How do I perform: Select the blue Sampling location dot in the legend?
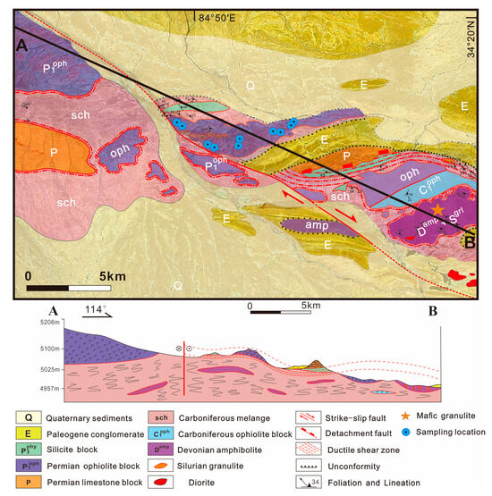pyautogui.click(x=434, y=432)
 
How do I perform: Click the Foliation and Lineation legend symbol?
pyautogui.click(x=316, y=481)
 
